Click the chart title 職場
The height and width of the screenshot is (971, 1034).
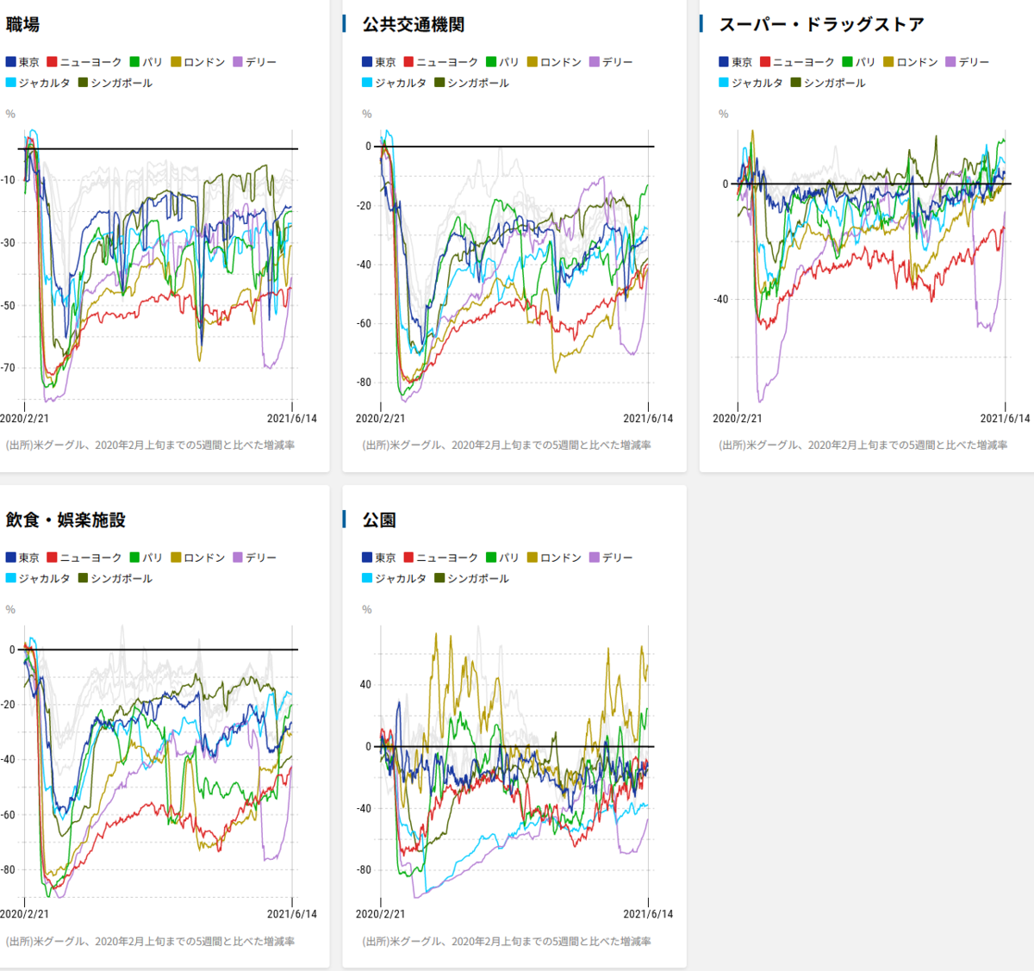[x=22, y=25]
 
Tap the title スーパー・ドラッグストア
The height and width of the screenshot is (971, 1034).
[x=821, y=25]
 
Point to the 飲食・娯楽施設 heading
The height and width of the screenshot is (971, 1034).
[x=65, y=520]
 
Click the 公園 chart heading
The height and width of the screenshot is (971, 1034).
[x=379, y=520]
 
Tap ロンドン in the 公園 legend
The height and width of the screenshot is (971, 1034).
[x=561, y=557]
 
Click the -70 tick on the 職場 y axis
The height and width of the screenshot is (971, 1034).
[x=8, y=368]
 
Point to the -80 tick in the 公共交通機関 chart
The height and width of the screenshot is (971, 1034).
[x=364, y=383]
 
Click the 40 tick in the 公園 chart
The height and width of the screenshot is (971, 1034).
[x=365, y=685]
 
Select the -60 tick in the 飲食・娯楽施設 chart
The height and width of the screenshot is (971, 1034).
[x=8, y=815]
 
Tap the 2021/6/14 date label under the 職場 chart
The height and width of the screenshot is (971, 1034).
[x=291, y=419]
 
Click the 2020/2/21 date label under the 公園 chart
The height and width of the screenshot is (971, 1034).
[x=380, y=914]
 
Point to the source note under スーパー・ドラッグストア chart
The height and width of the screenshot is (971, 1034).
[x=863, y=445]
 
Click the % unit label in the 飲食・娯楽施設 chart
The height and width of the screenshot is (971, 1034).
[x=10, y=610]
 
